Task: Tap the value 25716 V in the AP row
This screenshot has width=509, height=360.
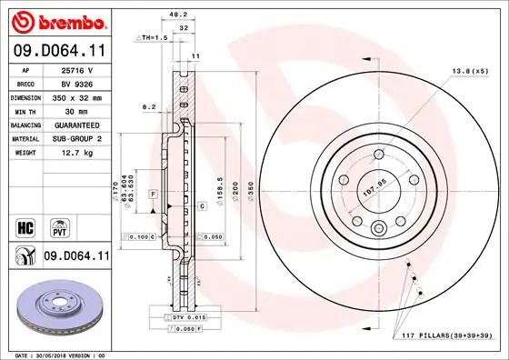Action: click(x=77, y=69)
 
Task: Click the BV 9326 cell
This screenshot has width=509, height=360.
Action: click(x=77, y=82)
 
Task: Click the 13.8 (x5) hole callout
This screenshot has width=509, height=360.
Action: click(x=469, y=70)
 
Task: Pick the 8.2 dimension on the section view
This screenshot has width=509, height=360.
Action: click(x=149, y=106)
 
